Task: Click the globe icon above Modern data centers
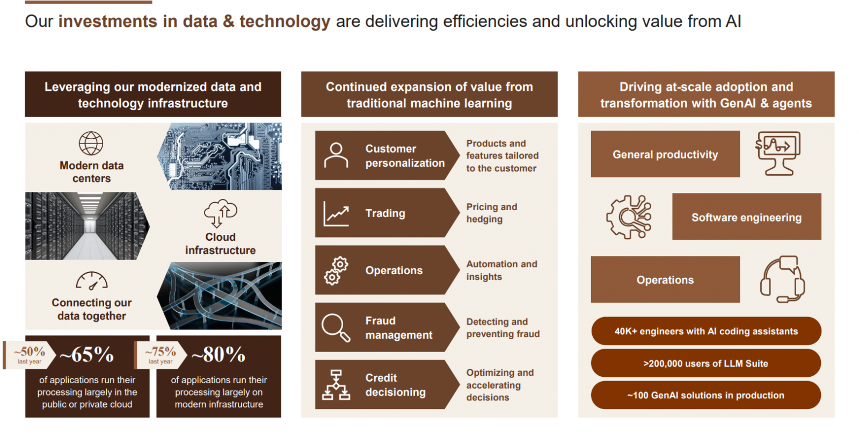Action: coord(91,144)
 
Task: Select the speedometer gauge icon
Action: coord(92,281)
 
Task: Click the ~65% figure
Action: coord(87,355)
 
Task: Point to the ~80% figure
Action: coord(218,355)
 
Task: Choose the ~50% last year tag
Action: coord(30,355)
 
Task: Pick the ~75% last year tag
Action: coord(161,355)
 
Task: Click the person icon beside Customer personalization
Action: coord(336,155)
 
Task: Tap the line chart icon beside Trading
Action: coord(336,213)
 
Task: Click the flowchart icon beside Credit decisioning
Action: coord(336,385)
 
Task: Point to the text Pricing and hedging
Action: coord(492,213)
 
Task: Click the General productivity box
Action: coord(665,154)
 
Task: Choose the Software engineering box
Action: coord(747,217)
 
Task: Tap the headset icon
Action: coord(782,279)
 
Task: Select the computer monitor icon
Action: coord(778,153)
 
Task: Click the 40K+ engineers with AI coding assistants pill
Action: coord(706,331)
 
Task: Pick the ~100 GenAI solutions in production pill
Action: coord(706,395)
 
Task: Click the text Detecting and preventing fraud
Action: coord(503,327)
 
